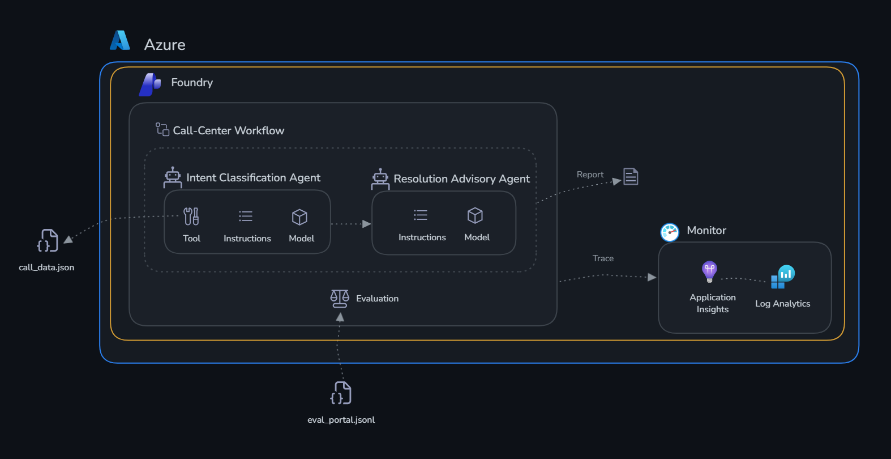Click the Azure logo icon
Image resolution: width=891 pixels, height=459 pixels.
[x=120, y=40]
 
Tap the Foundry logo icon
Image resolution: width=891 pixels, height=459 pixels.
[x=149, y=84]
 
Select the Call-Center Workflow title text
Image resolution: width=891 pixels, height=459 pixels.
[x=228, y=130]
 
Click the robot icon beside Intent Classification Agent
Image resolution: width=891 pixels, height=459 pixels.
[x=173, y=177]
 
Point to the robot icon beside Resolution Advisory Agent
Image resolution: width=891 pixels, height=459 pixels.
[x=380, y=179]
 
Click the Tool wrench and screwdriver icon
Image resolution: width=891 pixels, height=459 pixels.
[x=191, y=216]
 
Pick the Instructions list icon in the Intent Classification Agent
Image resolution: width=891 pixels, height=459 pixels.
[x=246, y=216]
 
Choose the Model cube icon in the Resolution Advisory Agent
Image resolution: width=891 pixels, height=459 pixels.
[x=475, y=215]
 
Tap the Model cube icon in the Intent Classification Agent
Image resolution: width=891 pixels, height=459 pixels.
[x=299, y=217]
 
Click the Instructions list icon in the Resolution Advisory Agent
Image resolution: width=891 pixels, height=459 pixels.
[x=421, y=215]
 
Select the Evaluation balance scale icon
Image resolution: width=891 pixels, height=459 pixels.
[x=340, y=299]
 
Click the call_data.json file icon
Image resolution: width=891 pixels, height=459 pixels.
[x=48, y=240]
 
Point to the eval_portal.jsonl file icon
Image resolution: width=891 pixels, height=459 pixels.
[x=341, y=393]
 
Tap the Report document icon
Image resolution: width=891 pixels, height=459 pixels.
[x=631, y=176]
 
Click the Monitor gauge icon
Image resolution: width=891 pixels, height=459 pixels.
[x=670, y=232]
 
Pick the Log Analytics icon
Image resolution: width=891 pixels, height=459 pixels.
[x=783, y=277]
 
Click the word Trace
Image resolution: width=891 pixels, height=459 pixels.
[x=603, y=258]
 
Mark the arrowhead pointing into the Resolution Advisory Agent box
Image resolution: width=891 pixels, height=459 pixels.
[x=366, y=224]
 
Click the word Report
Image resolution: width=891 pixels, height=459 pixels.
[x=590, y=175]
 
